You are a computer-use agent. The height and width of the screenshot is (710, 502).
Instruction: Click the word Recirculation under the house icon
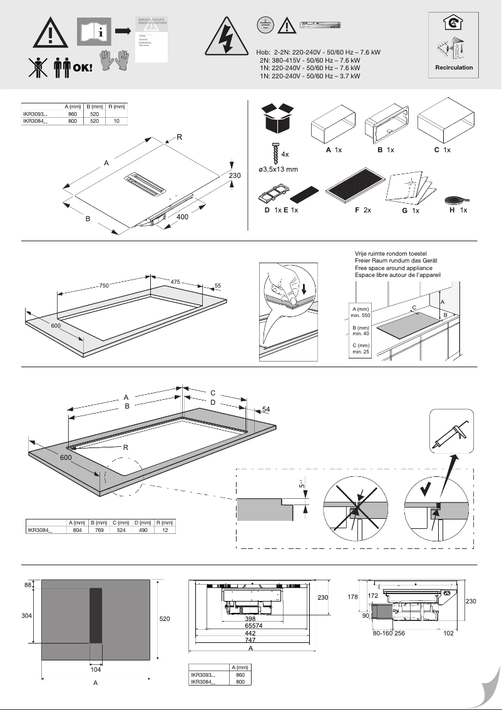(x=454, y=67)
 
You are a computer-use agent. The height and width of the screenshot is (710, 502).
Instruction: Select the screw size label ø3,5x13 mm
(x=278, y=169)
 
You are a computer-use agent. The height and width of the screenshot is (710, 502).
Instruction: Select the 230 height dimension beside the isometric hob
(x=234, y=176)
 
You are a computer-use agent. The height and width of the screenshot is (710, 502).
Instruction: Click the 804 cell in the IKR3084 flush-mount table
(x=78, y=530)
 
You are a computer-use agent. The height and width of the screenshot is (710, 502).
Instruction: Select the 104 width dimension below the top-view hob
(x=95, y=669)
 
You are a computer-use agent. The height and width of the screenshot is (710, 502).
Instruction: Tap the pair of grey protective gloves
(x=115, y=60)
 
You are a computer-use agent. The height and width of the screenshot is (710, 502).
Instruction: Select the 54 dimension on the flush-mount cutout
(x=266, y=409)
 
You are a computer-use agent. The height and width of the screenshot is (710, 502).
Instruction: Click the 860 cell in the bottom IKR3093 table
(x=239, y=675)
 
